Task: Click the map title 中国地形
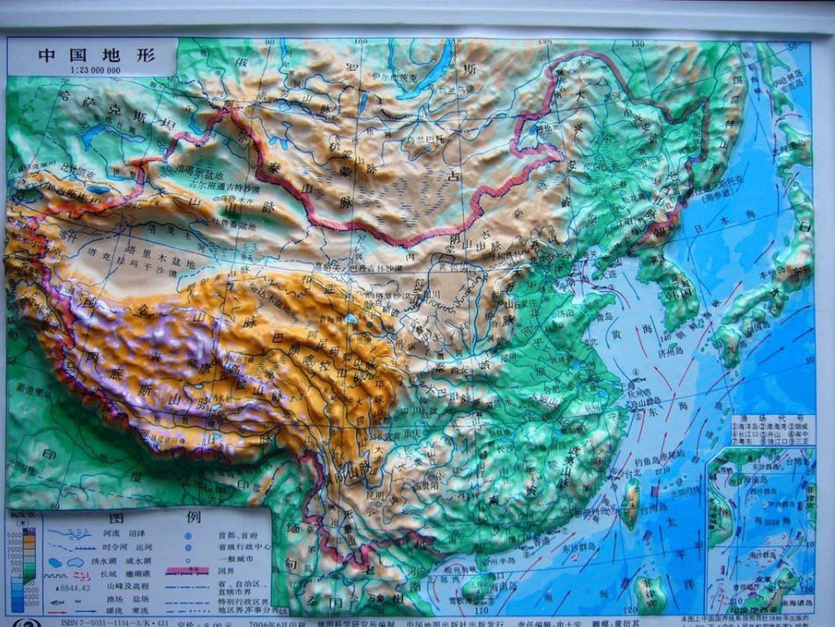point(96,54)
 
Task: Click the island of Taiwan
point(629,514)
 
